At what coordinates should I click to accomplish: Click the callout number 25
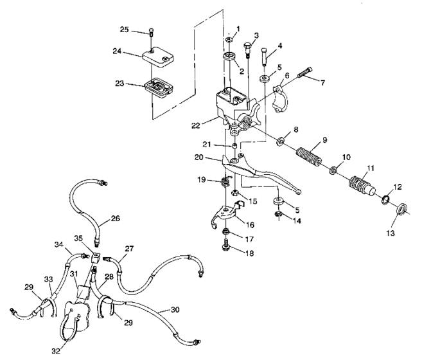click(x=125, y=30)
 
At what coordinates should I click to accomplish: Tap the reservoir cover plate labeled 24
click(x=158, y=59)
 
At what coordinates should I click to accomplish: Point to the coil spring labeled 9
click(x=309, y=157)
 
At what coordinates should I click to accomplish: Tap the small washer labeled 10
click(x=334, y=170)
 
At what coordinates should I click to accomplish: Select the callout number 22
click(x=196, y=125)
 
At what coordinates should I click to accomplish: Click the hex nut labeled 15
click(x=235, y=193)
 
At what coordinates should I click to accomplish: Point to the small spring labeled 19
click(x=225, y=181)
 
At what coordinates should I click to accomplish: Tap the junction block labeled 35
click(x=96, y=258)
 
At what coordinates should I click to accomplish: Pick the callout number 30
click(x=175, y=310)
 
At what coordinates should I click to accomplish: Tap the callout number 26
click(x=115, y=219)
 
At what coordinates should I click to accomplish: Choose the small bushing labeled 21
click(x=234, y=147)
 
